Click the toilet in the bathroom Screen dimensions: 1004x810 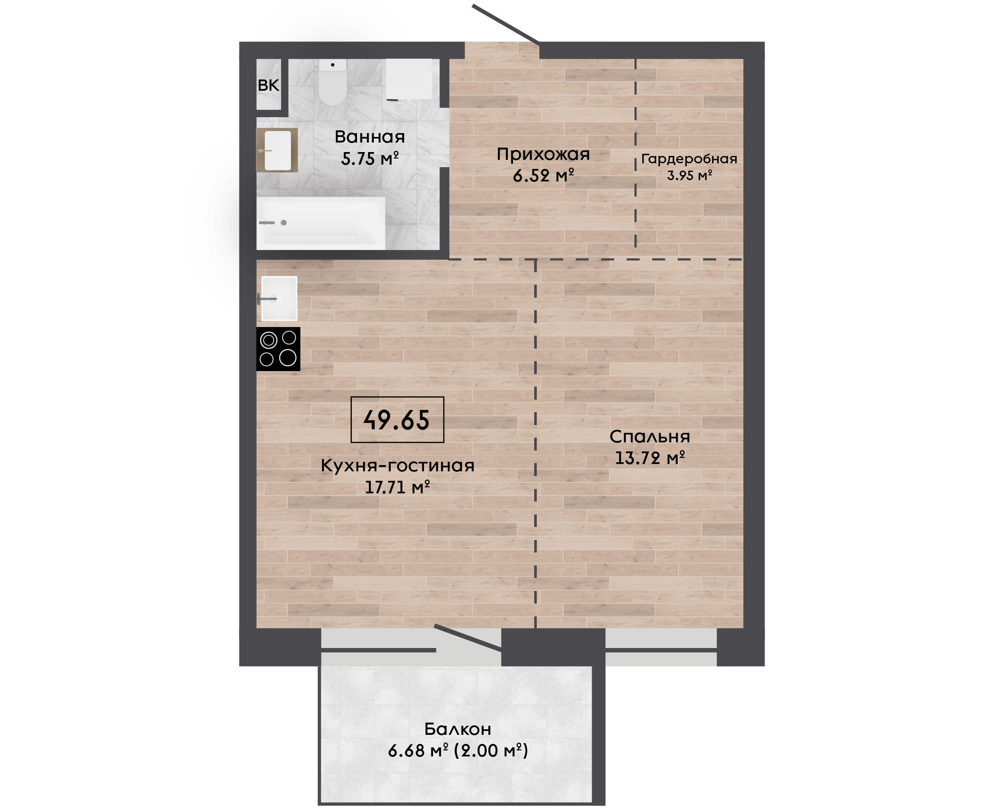(x=332, y=82)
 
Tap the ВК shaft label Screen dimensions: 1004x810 (x=268, y=86)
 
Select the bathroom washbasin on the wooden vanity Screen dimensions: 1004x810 (x=278, y=150)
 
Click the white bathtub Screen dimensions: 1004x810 (x=321, y=223)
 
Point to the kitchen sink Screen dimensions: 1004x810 (x=279, y=299)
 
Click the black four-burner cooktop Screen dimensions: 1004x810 (x=278, y=349)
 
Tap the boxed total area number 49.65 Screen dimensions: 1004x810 (x=397, y=420)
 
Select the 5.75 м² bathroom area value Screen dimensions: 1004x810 (x=370, y=159)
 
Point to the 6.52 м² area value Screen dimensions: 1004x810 (x=543, y=175)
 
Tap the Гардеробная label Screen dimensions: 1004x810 (x=689, y=159)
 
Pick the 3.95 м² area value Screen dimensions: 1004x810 (x=689, y=175)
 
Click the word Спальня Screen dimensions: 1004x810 (x=650, y=437)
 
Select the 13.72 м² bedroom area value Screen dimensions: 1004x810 (x=650, y=458)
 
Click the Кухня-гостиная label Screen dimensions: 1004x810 (x=398, y=466)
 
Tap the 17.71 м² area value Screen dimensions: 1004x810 (x=397, y=487)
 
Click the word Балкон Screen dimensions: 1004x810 (x=457, y=729)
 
